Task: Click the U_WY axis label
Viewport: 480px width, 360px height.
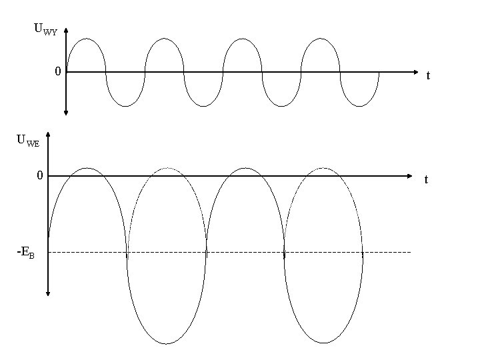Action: [45, 29]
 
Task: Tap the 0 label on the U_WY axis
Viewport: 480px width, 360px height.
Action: [58, 71]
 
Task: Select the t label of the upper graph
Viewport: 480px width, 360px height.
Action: [428, 76]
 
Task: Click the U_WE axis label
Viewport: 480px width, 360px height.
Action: [28, 141]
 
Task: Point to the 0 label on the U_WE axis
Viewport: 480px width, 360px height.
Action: [40, 175]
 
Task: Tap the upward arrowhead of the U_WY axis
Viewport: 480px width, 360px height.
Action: [66, 31]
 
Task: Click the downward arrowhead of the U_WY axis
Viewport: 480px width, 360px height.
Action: [66, 113]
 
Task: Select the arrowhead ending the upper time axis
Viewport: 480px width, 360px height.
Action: [416, 72]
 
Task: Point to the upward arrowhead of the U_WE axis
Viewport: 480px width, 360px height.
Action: [48, 133]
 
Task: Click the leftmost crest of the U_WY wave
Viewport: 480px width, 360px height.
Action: [86, 39]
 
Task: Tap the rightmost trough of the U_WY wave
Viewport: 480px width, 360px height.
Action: [360, 106]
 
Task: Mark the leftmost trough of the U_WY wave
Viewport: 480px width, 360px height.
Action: [125, 106]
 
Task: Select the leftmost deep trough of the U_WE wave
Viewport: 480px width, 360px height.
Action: [166, 343]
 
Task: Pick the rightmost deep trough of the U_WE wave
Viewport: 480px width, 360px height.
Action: [323, 343]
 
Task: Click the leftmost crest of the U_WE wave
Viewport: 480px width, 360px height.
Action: [87, 168]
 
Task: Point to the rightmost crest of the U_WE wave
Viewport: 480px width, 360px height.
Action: [323, 168]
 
